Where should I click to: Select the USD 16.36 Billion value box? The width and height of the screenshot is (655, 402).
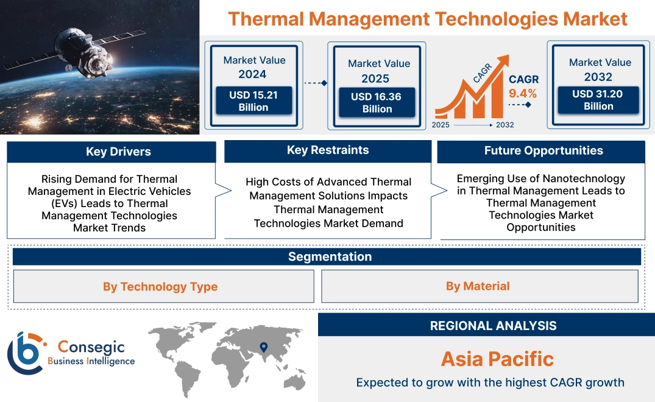click(x=377, y=102)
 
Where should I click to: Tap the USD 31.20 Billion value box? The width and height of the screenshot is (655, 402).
click(x=598, y=100)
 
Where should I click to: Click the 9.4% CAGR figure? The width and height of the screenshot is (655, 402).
click(x=523, y=93)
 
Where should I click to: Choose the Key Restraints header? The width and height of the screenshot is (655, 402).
click(x=328, y=150)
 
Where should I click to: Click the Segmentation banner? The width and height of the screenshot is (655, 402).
click(x=330, y=256)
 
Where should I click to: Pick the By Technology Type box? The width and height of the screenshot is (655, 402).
click(x=160, y=286)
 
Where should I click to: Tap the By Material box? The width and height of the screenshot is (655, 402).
click(x=478, y=286)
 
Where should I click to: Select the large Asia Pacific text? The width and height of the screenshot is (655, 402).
click(x=497, y=359)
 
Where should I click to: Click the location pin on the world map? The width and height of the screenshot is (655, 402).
click(x=263, y=347)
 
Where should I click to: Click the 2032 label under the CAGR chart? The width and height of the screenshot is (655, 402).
click(x=505, y=125)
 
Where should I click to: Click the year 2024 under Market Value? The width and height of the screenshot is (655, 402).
click(x=252, y=74)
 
